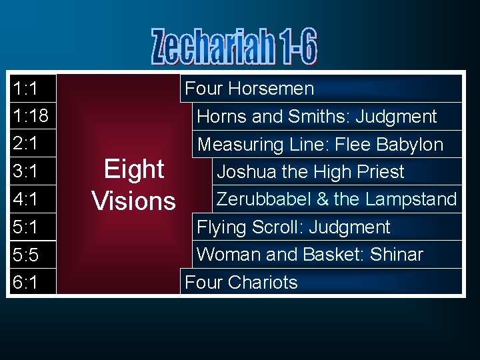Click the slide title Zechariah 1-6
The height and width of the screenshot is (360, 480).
(x=234, y=47)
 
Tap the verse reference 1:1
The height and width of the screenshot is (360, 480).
(x=25, y=88)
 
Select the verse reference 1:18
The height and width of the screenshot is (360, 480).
(x=30, y=116)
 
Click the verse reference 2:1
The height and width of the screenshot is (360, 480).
(x=25, y=144)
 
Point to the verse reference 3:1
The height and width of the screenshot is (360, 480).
(x=25, y=172)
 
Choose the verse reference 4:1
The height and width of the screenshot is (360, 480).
(x=25, y=199)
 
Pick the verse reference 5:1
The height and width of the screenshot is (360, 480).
(x=25, y=227)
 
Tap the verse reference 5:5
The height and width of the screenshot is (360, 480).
(x=25, y=255)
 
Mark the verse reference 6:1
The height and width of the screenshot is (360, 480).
(x=25, y=283)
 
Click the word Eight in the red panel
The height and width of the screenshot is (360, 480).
(x=134, y=169)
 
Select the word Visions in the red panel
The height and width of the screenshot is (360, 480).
(x=134, y=200)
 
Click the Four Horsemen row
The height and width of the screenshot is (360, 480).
(x=249, y=88)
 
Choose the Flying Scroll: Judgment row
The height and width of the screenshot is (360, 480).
(x=293, y=227)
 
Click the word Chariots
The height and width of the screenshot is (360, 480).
(x=262, y=283)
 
